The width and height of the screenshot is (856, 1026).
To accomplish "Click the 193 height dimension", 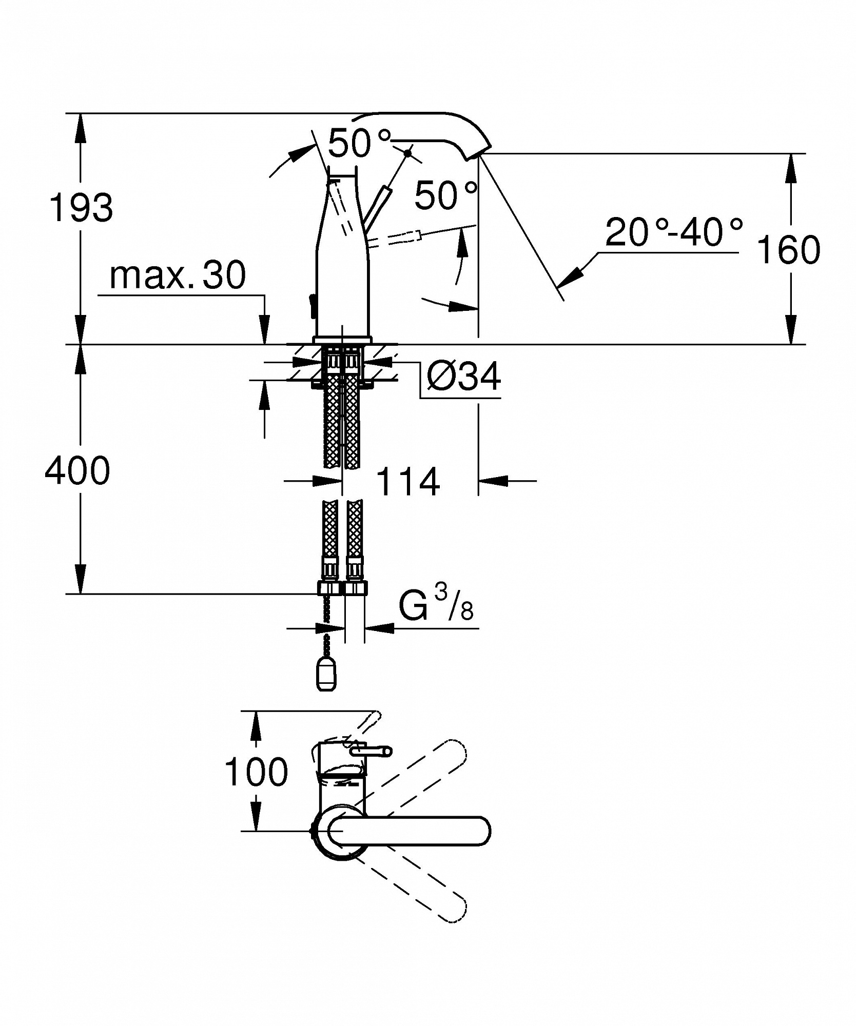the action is point(81,208).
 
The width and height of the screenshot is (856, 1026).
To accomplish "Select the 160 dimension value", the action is point(788,250).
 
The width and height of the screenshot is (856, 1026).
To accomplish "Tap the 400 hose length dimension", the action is point(77,470).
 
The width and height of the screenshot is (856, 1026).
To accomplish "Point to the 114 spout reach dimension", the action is point(408,482).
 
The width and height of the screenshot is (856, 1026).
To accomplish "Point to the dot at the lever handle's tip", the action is point(408,152).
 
